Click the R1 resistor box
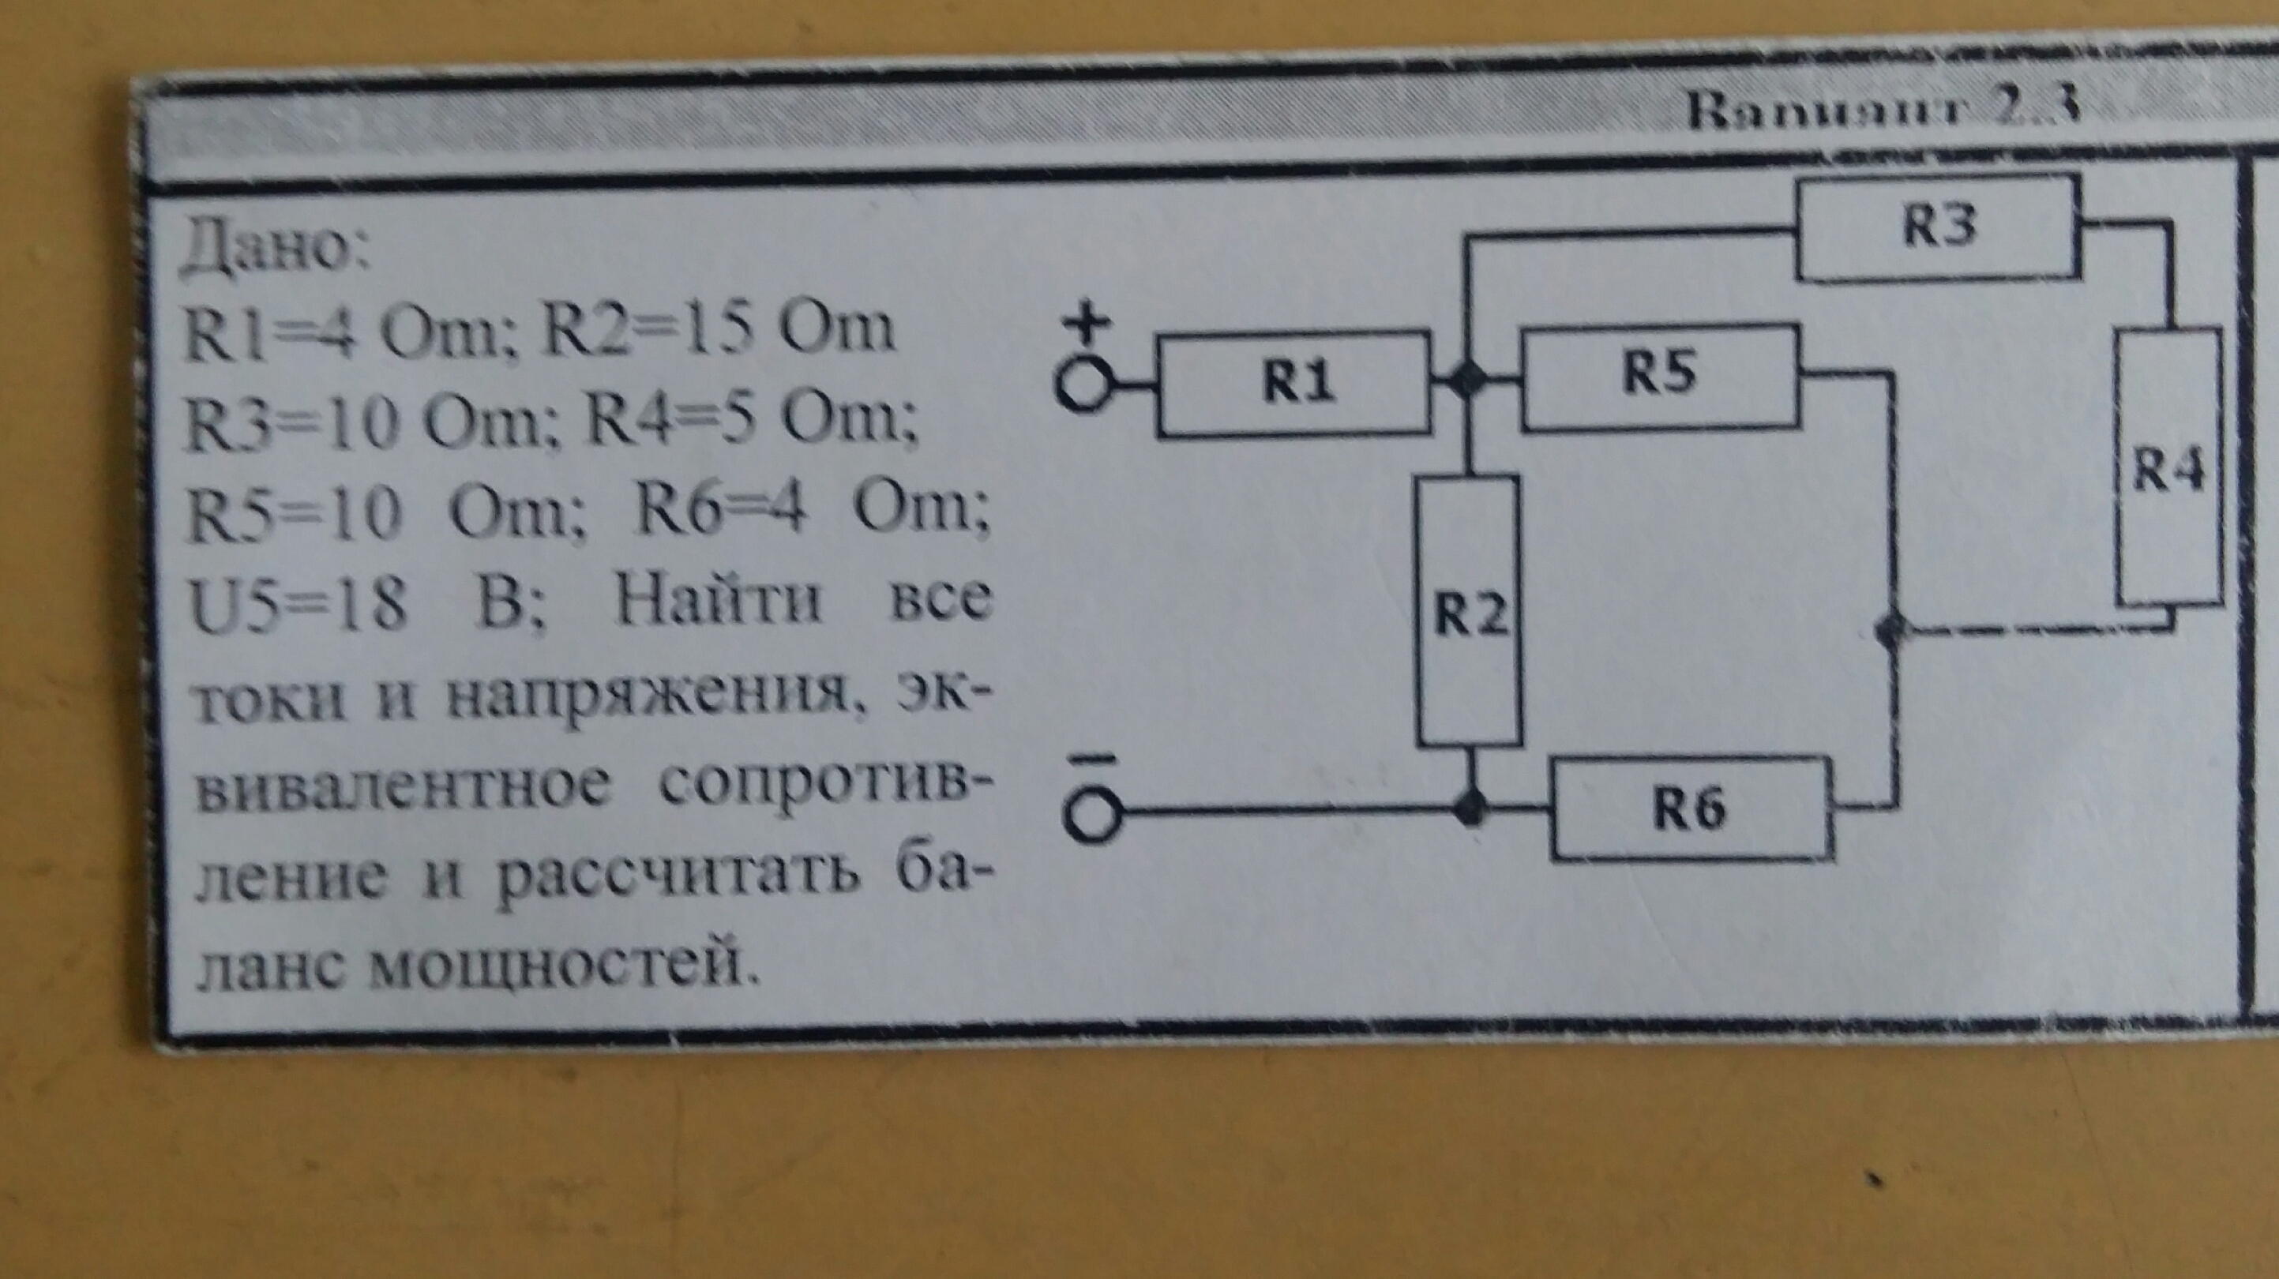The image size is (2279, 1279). point(1294,384)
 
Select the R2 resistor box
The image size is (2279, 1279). point(1470,611)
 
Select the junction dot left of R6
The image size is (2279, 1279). point(1470,806)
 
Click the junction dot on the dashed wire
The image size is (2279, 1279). point(1894,630)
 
